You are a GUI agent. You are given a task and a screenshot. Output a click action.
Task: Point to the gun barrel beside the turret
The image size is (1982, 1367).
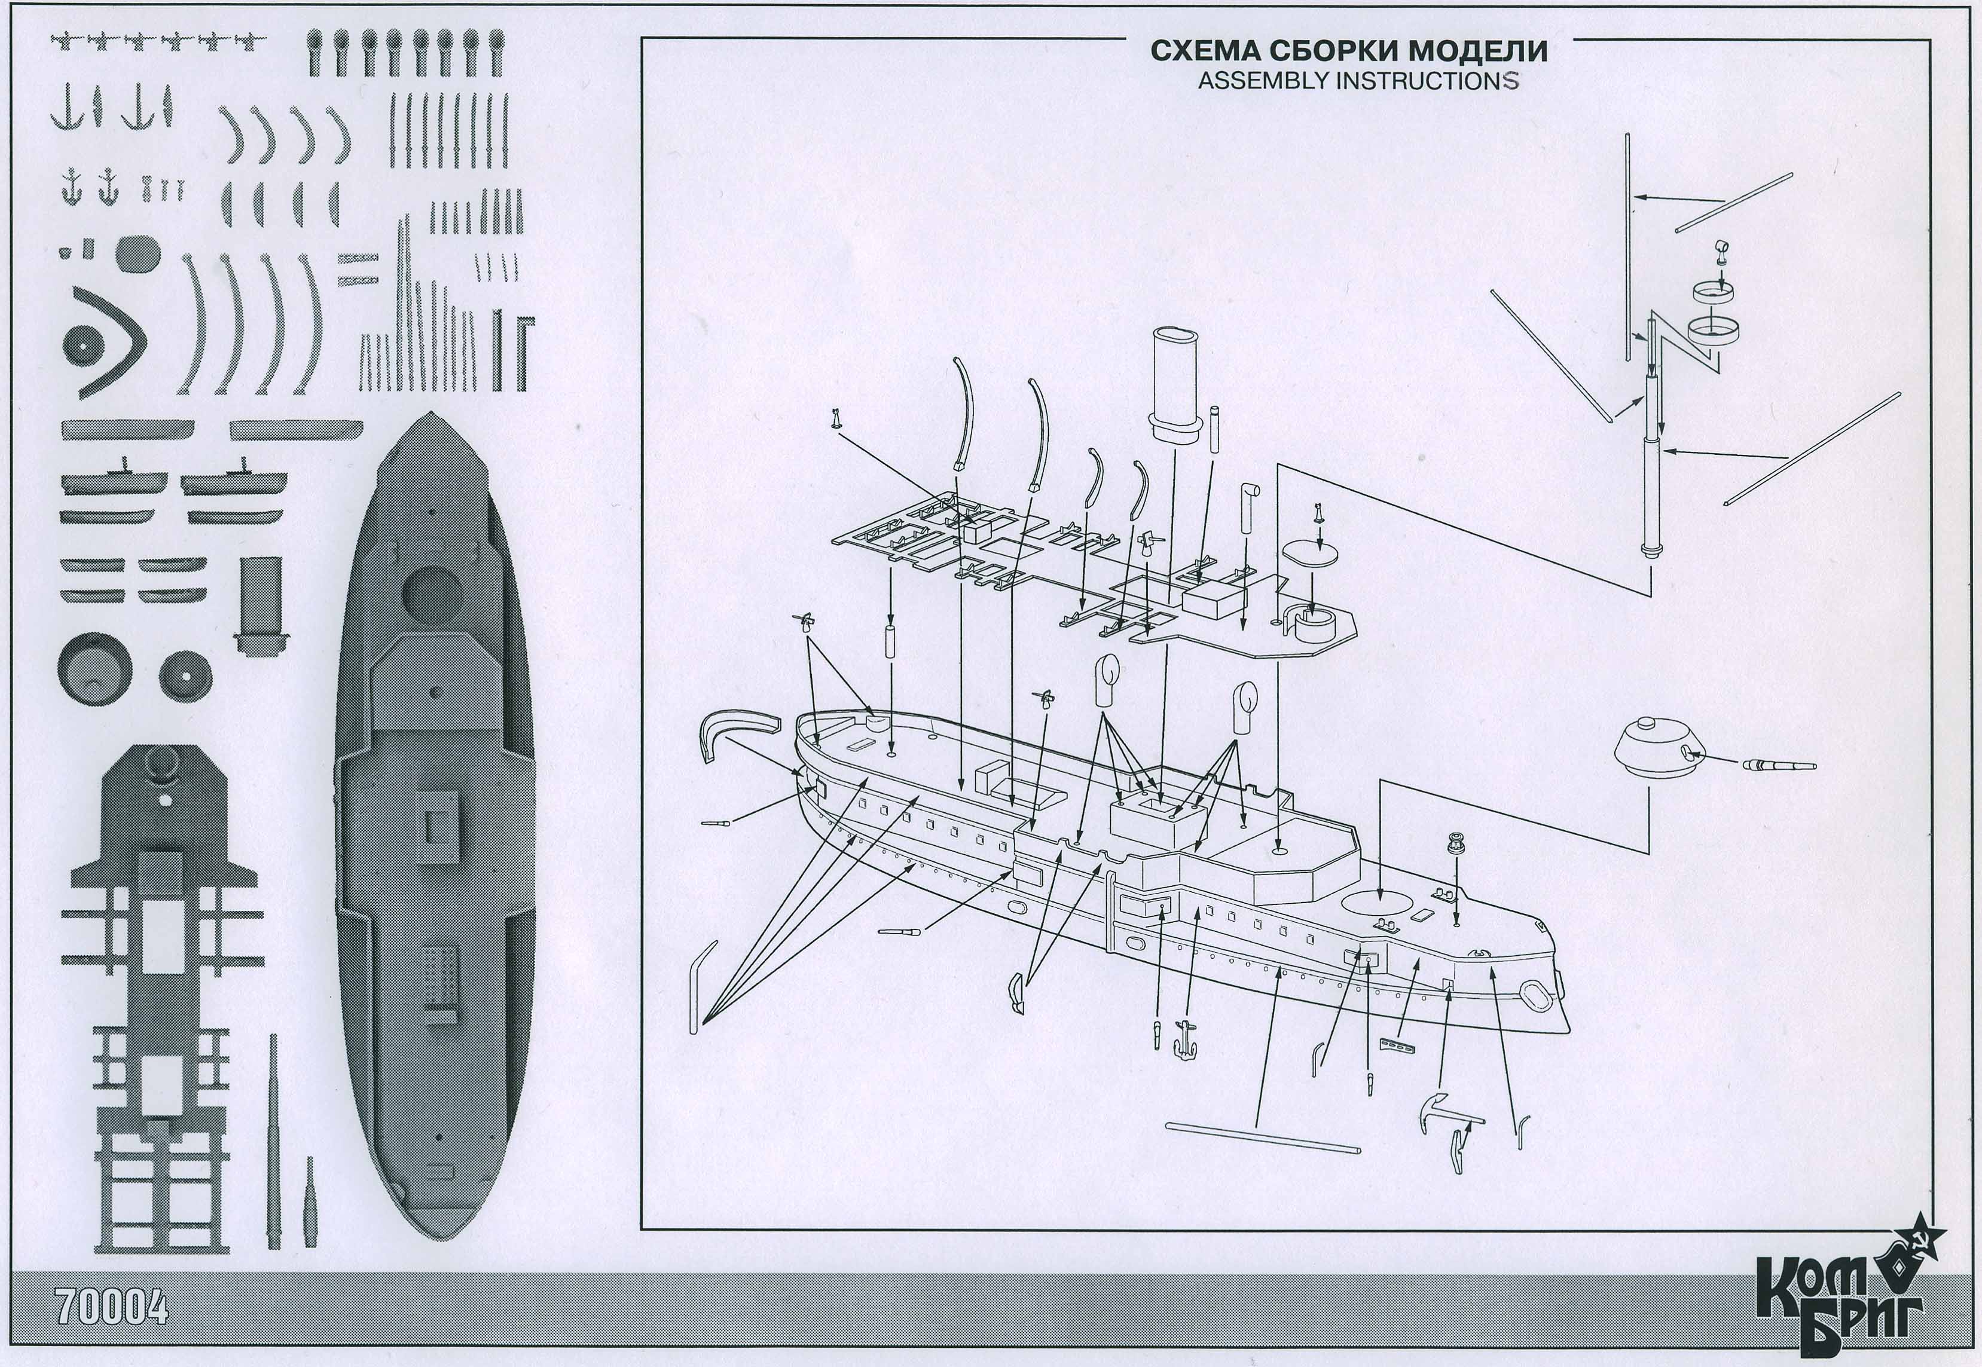pos(1778,765)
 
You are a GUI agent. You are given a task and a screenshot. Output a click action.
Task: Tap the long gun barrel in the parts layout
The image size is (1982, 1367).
pos(273,1139)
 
